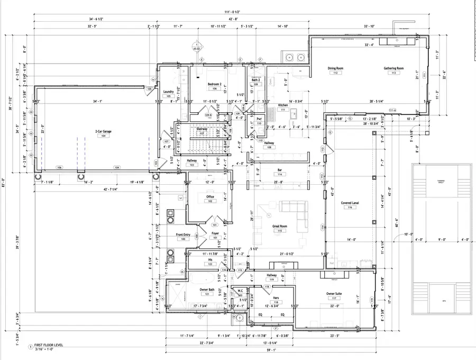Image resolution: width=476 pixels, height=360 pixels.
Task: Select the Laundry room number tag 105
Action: point(169,96)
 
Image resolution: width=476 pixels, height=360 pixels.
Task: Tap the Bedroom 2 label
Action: point(214,84)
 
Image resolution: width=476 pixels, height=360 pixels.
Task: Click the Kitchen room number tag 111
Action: point(283,110)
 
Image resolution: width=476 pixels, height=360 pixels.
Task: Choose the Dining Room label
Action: point(335,68)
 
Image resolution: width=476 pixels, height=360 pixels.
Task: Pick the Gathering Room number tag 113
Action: point(393,73)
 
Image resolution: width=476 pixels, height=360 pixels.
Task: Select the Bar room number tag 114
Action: point(280,175)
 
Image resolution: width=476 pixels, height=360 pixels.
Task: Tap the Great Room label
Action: point(279,226)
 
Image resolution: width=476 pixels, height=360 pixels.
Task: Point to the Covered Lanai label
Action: point(350,203)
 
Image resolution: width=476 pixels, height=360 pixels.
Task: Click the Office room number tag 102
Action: point(209,201)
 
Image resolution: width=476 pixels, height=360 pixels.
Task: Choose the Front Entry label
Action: point(184,234)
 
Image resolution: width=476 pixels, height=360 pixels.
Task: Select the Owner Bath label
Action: point(207,289)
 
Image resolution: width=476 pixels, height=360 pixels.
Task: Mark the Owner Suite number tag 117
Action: point(334,299)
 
